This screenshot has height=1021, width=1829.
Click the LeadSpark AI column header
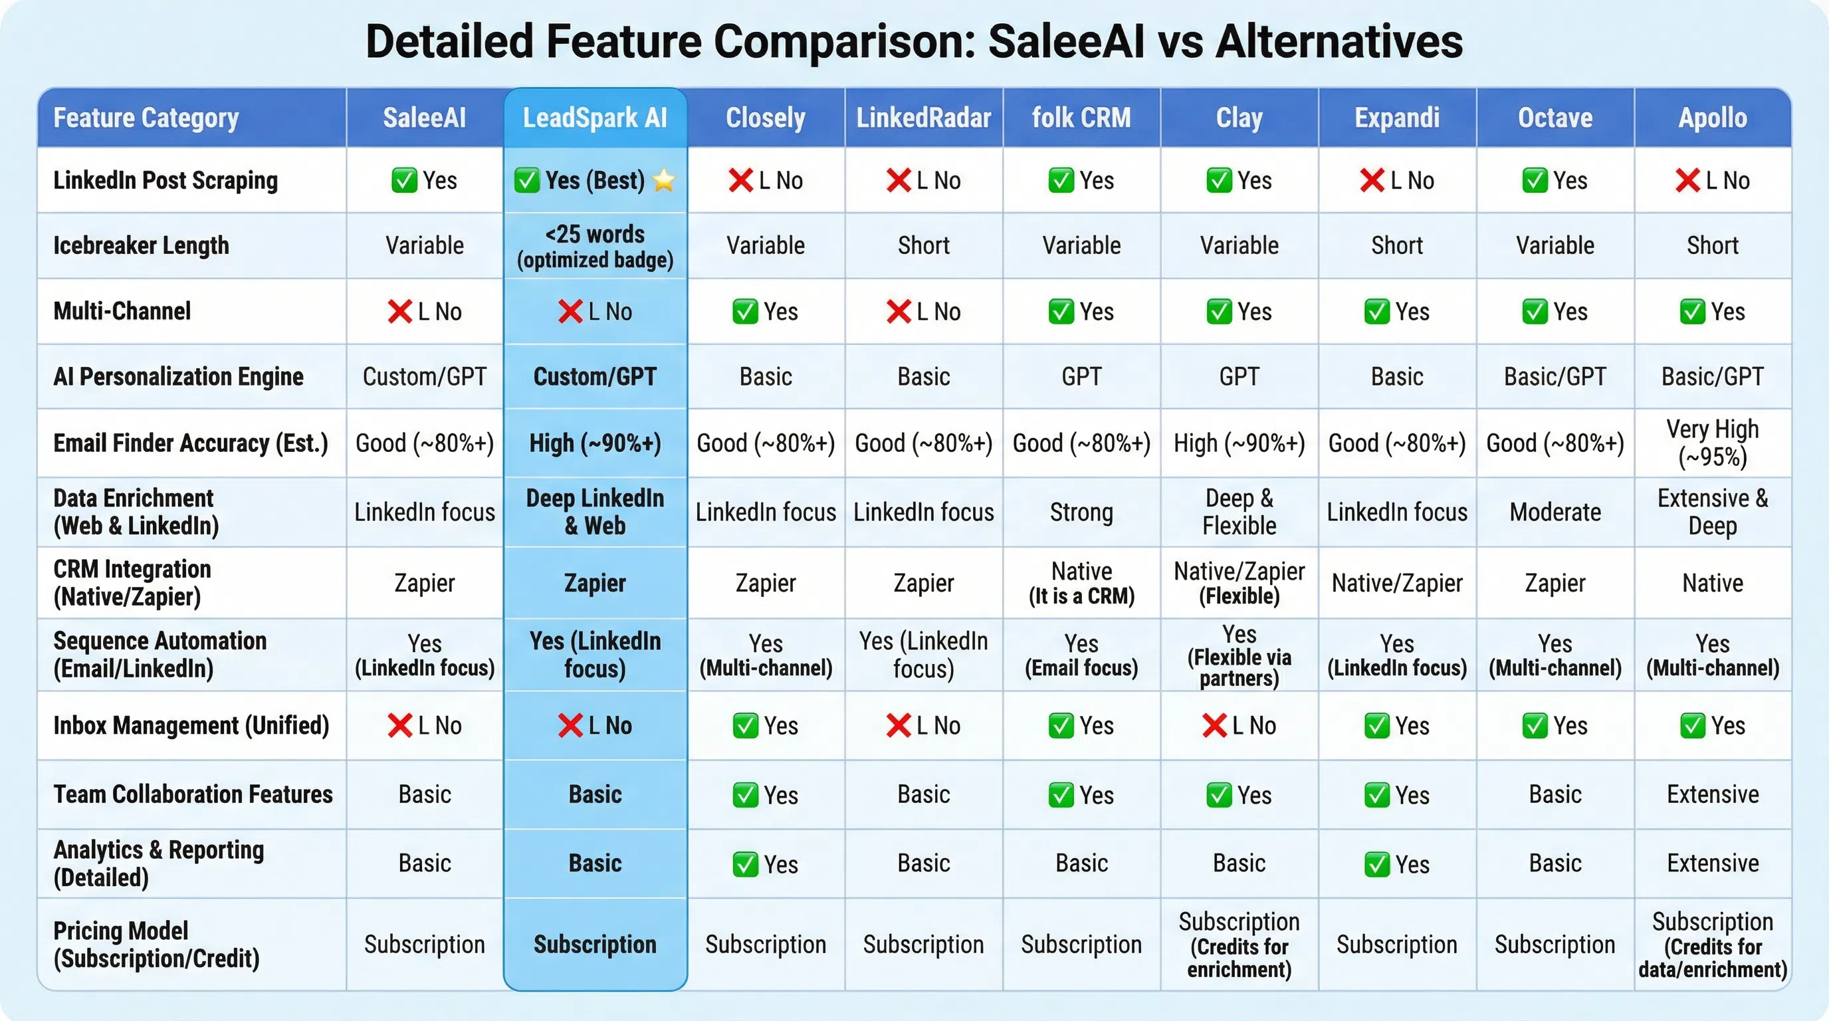(x=595, y=118)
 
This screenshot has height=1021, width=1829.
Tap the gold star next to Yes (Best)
(x=664, y=180)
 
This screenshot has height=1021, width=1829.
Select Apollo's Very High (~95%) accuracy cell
(x=1713, y=443)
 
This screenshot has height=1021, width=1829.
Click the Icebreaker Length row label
(x=141, y=246)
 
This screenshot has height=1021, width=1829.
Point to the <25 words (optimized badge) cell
(x=595, y=247)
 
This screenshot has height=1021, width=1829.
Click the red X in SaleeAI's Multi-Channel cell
(x=399, y=312)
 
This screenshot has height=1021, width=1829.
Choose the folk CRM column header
(x=1081, y=118)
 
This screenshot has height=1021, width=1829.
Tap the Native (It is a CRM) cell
(x=1081, y=583)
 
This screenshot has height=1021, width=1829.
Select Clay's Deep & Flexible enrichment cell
(x=1239, y=512)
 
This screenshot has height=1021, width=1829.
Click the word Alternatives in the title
(x=1339, y=41)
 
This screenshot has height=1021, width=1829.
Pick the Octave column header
(x=1555, y=118)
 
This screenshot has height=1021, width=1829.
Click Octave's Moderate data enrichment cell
(x=1555, y=512)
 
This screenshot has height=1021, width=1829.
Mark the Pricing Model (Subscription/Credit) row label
(x=156, y=945)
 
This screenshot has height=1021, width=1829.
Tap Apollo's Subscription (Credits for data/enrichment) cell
(x=1713, y=945)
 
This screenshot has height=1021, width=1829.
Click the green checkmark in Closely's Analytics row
(x=745, y=864)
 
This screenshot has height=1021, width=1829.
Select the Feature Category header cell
(x=146, y=118)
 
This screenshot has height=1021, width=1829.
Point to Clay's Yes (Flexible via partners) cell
(x=1239, y=655)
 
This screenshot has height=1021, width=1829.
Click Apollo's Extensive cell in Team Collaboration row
(x=1713, y=794)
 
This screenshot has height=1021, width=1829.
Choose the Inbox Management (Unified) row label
(x=191, y=726)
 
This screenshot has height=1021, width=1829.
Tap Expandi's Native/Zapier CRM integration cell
(x=1396, y=583)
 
